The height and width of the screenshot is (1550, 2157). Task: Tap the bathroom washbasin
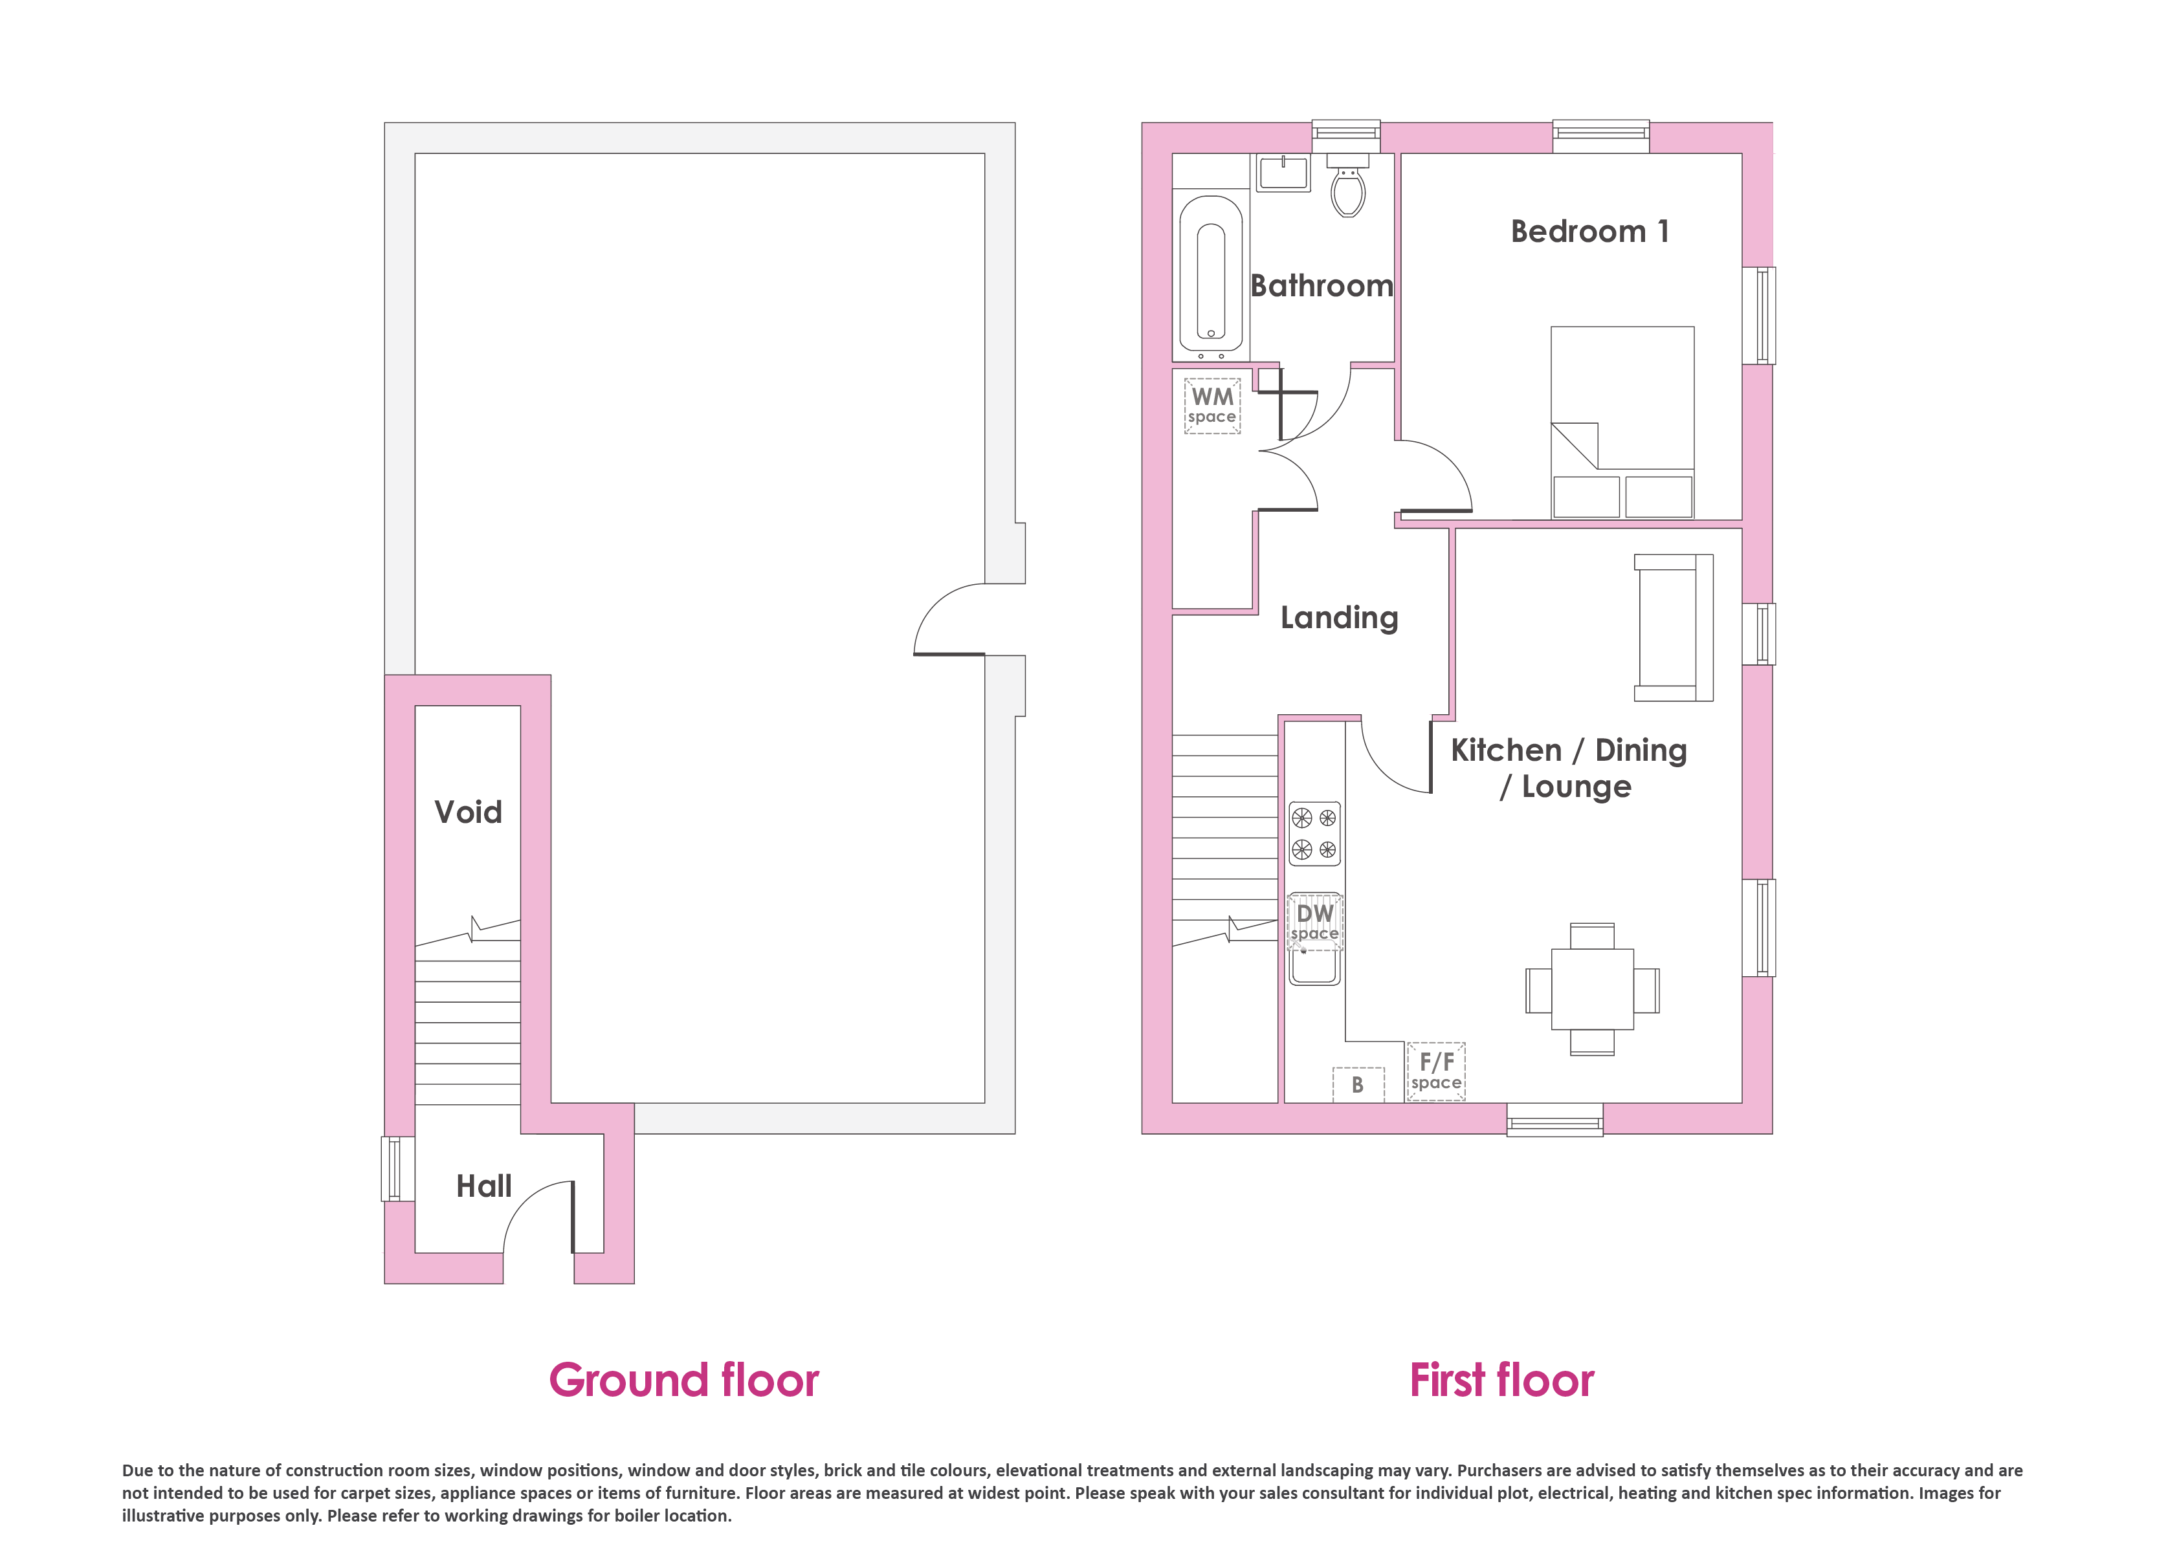tap(1284, 174)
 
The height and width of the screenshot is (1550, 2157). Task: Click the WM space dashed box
tap(1213, 407)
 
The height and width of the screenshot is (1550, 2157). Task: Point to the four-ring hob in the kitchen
tap(1314, 834)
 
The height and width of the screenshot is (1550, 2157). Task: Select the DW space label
tap(1315, 921)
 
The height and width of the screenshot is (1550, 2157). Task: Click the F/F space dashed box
tap(1436, 1072)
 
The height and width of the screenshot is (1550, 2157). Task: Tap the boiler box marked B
tap(1358, 1084)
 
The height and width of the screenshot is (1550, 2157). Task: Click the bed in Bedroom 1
tap(1622, 423)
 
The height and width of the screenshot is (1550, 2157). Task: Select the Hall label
tap(484, 1186)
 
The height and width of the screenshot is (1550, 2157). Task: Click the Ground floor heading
tap(684, 1381)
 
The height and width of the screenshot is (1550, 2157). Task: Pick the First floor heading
tap(1501, 1381)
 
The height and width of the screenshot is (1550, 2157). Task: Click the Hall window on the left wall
tap(391, 1169)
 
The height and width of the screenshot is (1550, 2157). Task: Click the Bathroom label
tap(1322, 286)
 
